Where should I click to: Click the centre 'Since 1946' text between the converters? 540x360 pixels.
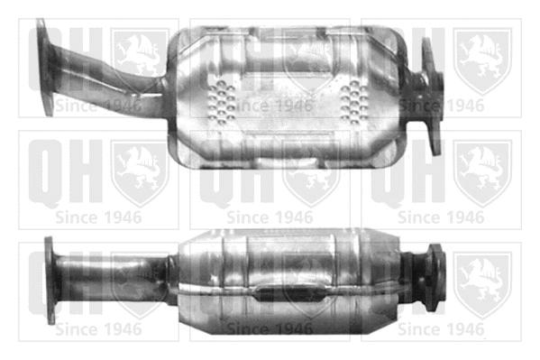pyautogui.click(x=269, y=217)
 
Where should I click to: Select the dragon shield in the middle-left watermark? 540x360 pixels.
pyautogui.click(x=139, y=172)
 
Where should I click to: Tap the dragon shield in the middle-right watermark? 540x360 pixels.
pyautogui.click(x=481, y=172)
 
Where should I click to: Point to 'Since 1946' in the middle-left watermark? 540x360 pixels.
pyautogui.click(x=97, y=217)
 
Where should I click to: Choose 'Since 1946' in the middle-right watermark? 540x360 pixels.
pyautogui.click(x=441, y=217)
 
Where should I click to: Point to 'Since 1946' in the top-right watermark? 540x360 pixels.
pyautogui.click(x=441, y=105)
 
